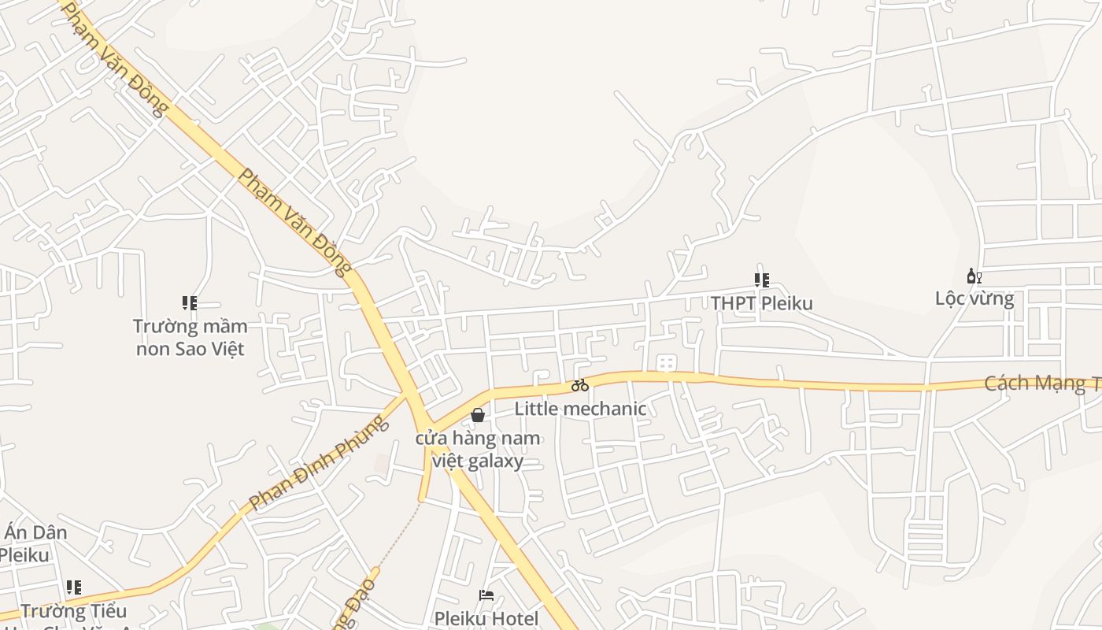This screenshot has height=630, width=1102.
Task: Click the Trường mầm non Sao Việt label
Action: pos(190,337)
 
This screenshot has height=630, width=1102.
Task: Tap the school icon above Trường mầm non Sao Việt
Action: pos(189,302)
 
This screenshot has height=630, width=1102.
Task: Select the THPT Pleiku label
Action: pos(761,303)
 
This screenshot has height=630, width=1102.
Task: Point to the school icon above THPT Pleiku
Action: pos(761,280)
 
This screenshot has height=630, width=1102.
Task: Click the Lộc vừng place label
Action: pos(974,298)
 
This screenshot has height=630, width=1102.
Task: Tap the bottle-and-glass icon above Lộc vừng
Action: pos(974,276)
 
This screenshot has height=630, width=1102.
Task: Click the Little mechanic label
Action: pos(580,409)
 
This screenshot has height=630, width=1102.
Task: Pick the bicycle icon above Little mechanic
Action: pos(580,385)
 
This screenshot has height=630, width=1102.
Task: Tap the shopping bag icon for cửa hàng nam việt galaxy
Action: pos(477,415)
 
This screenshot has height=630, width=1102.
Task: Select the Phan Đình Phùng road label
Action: pos(319,463)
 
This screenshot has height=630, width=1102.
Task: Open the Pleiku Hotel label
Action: pos(486,618)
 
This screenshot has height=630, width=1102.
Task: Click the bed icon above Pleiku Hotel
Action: pos(486,595)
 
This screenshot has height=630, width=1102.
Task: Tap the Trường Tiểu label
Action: pos(73,611)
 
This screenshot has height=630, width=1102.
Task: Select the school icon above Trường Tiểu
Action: pos(74,587)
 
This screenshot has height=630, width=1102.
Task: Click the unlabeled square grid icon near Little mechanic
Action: pos(666,363)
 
